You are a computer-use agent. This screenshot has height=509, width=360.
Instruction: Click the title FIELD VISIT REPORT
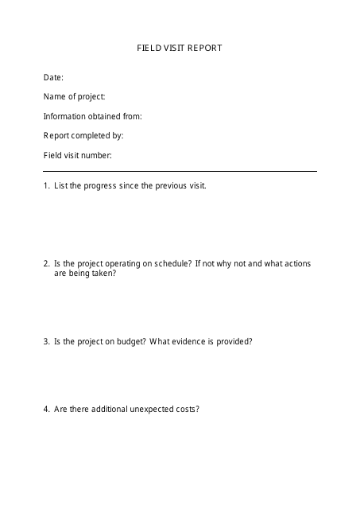[x=180, y=48]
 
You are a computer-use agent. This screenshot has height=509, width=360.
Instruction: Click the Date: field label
[x=53, y=77]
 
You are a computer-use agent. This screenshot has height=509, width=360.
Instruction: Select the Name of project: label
[x=73, y=96]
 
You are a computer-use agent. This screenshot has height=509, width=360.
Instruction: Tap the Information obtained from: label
[x=92, y=116]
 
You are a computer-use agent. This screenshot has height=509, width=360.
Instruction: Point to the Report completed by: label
[x=83, y=135]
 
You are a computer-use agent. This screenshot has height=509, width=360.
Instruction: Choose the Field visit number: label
[x=77, y=155]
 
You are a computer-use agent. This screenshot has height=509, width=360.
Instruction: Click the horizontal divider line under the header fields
[x=180, y=171]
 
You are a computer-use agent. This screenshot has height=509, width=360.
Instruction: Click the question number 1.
[x=45, y=185]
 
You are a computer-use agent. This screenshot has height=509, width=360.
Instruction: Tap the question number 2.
[x=45, y=262]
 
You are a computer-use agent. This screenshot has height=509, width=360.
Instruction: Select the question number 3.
[x=45, y=341]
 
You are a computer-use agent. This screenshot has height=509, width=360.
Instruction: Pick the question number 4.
[x=45, y=410]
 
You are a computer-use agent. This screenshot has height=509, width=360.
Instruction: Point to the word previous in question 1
[x=174, y=185]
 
